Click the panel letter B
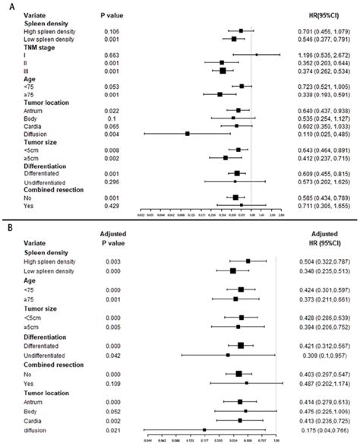[6, 226]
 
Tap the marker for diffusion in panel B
[204, 430]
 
